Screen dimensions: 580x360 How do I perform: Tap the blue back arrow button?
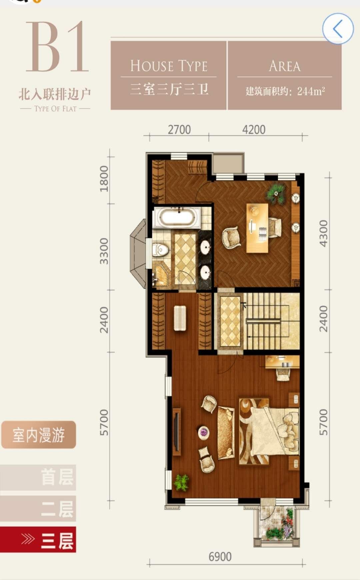338,29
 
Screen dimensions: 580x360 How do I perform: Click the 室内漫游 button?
39,435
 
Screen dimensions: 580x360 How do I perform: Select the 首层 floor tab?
38,477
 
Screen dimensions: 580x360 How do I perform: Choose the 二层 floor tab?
38,509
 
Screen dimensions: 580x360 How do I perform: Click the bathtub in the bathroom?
177,218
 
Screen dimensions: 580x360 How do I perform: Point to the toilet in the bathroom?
160,250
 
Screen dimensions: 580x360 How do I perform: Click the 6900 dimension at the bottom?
220,557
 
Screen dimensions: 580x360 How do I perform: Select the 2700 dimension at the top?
179,130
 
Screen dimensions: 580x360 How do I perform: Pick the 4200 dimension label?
254,130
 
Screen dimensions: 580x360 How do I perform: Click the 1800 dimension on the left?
104,179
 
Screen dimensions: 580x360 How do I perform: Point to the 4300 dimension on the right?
323,233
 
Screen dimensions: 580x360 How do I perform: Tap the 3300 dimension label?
104,251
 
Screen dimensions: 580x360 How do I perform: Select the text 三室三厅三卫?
169,89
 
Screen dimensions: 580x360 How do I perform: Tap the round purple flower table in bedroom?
203,432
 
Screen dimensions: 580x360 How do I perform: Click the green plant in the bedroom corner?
181,482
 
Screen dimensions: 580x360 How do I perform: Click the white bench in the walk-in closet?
180,318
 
